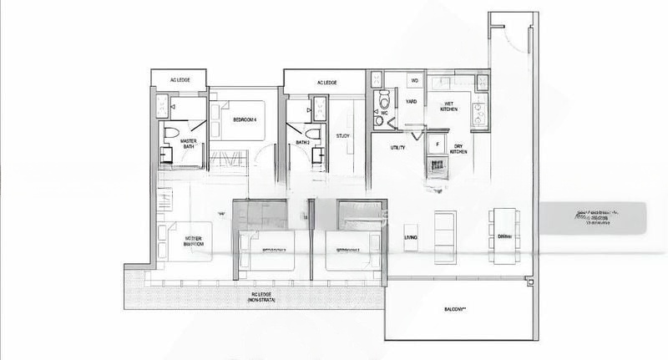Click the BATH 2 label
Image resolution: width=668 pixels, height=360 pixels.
304,142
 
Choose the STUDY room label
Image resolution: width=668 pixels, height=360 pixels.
343,135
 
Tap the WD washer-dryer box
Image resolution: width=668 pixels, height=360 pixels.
415,80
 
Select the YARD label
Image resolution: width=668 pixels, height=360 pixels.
411,102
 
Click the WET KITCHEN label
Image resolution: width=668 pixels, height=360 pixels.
449,106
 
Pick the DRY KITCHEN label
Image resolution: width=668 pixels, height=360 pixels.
458,150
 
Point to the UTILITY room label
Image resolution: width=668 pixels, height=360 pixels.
398,148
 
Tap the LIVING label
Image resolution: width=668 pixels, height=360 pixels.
411,239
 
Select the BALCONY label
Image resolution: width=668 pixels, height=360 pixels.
454,309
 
